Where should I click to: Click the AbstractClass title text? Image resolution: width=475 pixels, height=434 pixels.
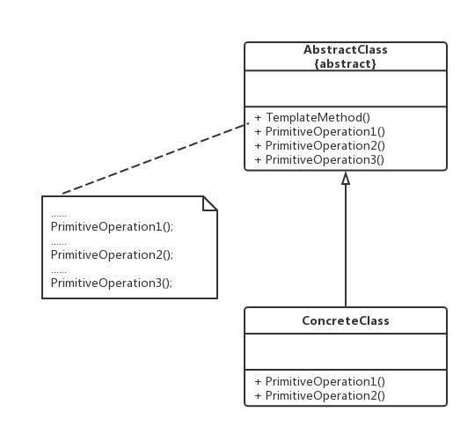(346, 49)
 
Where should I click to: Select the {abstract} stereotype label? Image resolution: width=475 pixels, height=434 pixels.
(346, 63)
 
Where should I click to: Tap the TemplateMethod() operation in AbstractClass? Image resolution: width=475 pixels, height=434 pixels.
(318, 118)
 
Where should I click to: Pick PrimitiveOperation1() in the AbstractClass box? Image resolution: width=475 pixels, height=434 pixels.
(325, 132)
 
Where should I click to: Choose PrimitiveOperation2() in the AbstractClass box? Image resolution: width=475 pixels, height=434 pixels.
(325, 146)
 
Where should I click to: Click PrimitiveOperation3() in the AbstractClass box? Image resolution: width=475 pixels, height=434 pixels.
(325, 159)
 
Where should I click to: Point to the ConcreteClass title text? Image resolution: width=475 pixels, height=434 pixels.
(346, 320)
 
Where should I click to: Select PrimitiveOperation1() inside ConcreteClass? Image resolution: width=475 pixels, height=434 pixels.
(325, 381)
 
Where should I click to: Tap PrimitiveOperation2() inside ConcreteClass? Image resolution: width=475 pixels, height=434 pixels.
(325, 396)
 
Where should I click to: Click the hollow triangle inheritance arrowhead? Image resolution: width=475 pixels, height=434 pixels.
(346, 178)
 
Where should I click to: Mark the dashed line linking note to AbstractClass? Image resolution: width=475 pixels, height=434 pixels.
(156, 158)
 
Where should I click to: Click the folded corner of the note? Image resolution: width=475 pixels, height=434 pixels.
(210, 203)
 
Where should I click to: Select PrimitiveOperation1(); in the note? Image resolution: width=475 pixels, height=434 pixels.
(112, 227)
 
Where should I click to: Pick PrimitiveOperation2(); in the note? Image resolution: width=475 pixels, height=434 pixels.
(112, 255)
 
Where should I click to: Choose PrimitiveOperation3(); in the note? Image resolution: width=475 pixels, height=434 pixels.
(112, 283)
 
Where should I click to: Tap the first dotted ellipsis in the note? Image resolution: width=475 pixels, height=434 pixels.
(59, 216)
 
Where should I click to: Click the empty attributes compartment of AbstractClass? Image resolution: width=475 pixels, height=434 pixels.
(346, 89)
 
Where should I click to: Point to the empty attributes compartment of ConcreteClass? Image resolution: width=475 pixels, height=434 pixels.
(346, 351)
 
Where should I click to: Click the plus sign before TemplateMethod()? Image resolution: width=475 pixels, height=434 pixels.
(258, 118)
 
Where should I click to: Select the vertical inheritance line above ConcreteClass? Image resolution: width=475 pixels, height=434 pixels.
(346, 246)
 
